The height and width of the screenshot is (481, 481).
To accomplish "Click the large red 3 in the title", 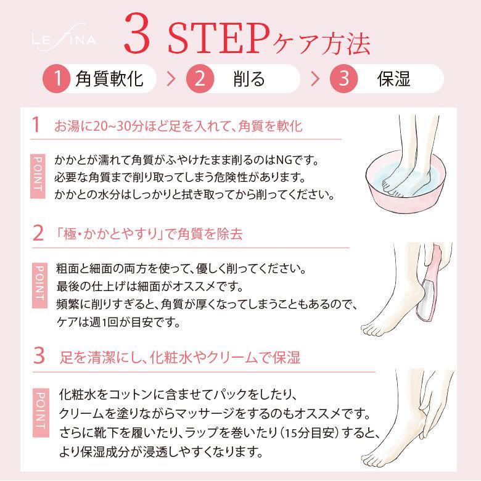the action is pos(137,33).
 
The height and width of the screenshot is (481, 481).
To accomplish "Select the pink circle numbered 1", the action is pos(57,78).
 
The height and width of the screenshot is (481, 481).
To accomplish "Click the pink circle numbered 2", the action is pos(200,78).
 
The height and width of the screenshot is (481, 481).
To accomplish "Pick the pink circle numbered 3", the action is pos(344,78).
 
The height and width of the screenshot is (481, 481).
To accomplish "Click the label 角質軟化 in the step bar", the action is pos(110,79).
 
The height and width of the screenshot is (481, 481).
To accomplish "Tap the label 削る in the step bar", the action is pos(249,79).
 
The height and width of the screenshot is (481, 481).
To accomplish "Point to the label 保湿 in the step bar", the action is pos(393,79).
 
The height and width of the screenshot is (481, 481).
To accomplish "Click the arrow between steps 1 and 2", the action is pos(171,79).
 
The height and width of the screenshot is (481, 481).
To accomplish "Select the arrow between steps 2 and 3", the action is pos(315,79).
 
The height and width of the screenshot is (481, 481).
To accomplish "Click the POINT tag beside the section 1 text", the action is pos(38,176).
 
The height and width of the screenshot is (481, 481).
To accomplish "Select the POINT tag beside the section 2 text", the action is pos(39,285).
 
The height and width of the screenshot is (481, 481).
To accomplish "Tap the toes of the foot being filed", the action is pos(372,329).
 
